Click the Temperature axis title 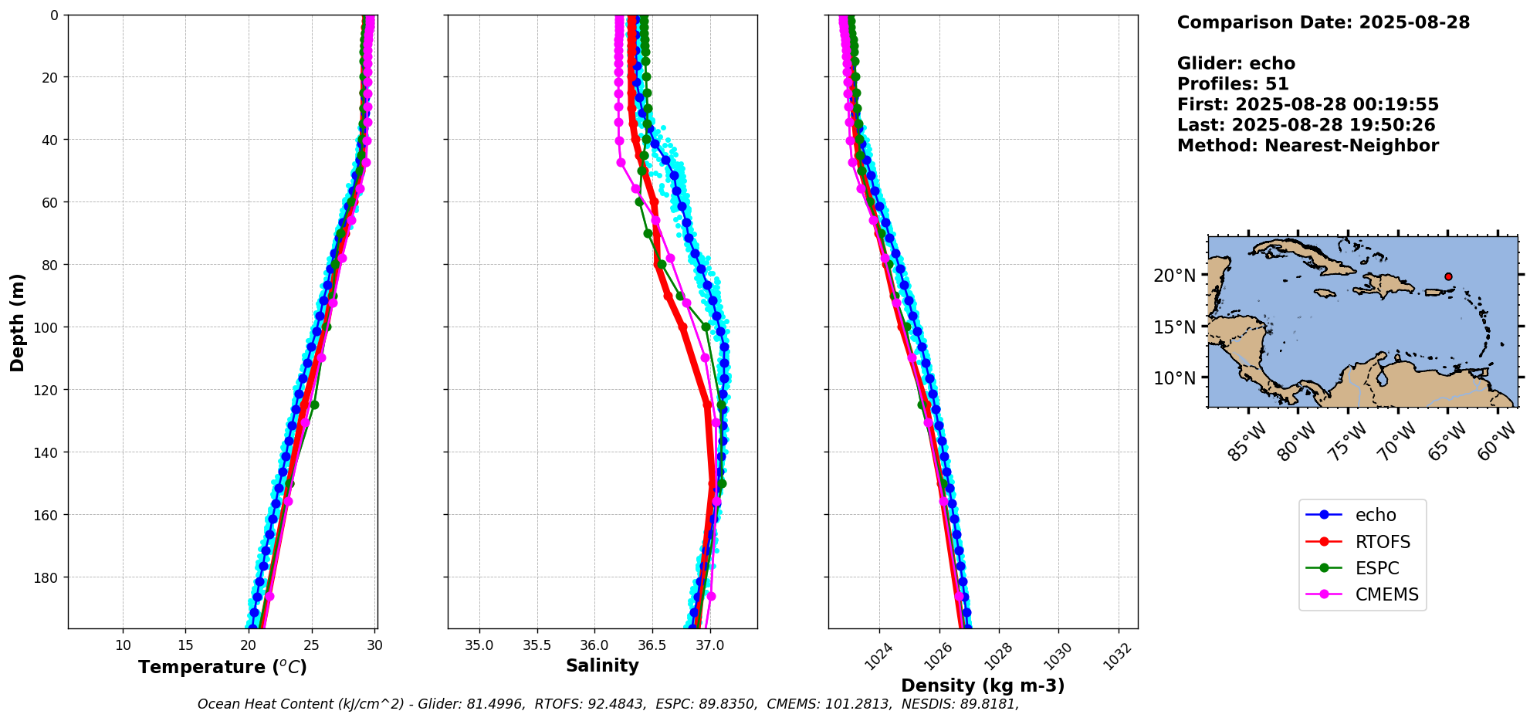(x=222, y=667)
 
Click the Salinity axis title (x=602, y=665)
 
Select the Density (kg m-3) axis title (x=983, y=685)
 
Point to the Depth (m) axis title (x=17, y=322)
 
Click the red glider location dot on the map (x=1448, y=276)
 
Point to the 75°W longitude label (x=1348, y=442)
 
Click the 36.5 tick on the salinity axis (x=652, y=645)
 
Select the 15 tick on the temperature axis (x=185, y=645)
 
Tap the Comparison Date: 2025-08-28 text (x=1323, y=22)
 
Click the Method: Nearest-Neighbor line (x=1308, y=146)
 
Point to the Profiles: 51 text (x=1233, y=84)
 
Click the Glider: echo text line (x=1236, y=63)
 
